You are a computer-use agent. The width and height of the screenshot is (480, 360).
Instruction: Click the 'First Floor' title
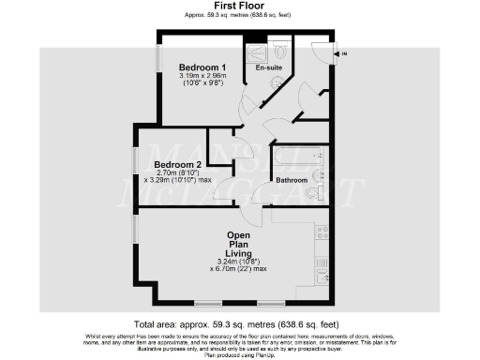[x=239, y=7]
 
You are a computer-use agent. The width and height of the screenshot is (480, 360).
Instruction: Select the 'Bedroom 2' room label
[x=178, y=165]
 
